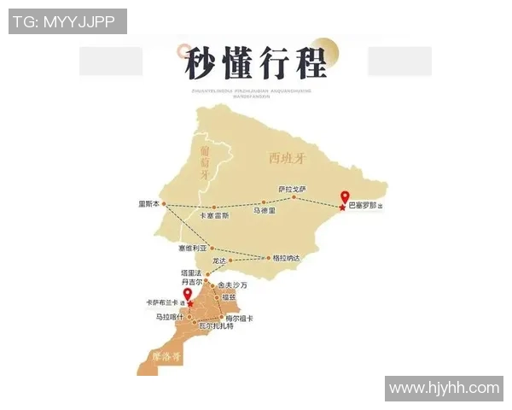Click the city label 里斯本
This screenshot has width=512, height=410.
tap(148, 204)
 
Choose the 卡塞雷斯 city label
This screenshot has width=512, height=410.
tap(214, 215)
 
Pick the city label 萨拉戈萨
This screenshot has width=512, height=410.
tap(291, 189)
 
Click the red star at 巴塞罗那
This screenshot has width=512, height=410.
tap(343, 207)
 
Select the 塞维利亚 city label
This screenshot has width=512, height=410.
tap(193, 248)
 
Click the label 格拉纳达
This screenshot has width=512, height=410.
tap(285, 256)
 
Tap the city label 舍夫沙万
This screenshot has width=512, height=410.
tap(232, 284)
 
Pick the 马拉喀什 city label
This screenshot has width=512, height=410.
tap(169, 317)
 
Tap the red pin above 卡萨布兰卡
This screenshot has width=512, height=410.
tap(189, 296)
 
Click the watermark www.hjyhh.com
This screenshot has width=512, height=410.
tap(444, 389)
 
